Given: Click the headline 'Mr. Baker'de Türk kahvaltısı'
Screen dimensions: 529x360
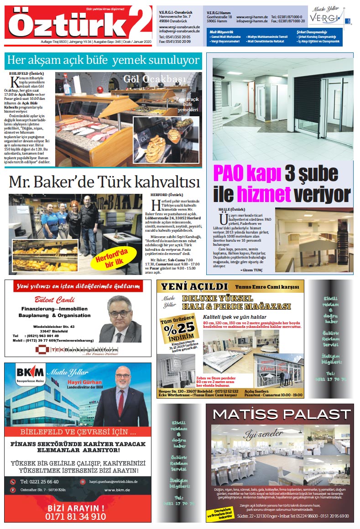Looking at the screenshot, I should [x=104, y=182].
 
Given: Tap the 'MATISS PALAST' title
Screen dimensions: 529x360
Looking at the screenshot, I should [x=281, y=415].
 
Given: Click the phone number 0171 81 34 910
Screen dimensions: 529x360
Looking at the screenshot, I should [x=76, y=517].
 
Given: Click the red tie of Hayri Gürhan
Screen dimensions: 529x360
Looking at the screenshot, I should [x=121, y=402].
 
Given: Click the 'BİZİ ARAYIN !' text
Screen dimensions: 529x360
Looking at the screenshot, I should [x=76, y=508].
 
